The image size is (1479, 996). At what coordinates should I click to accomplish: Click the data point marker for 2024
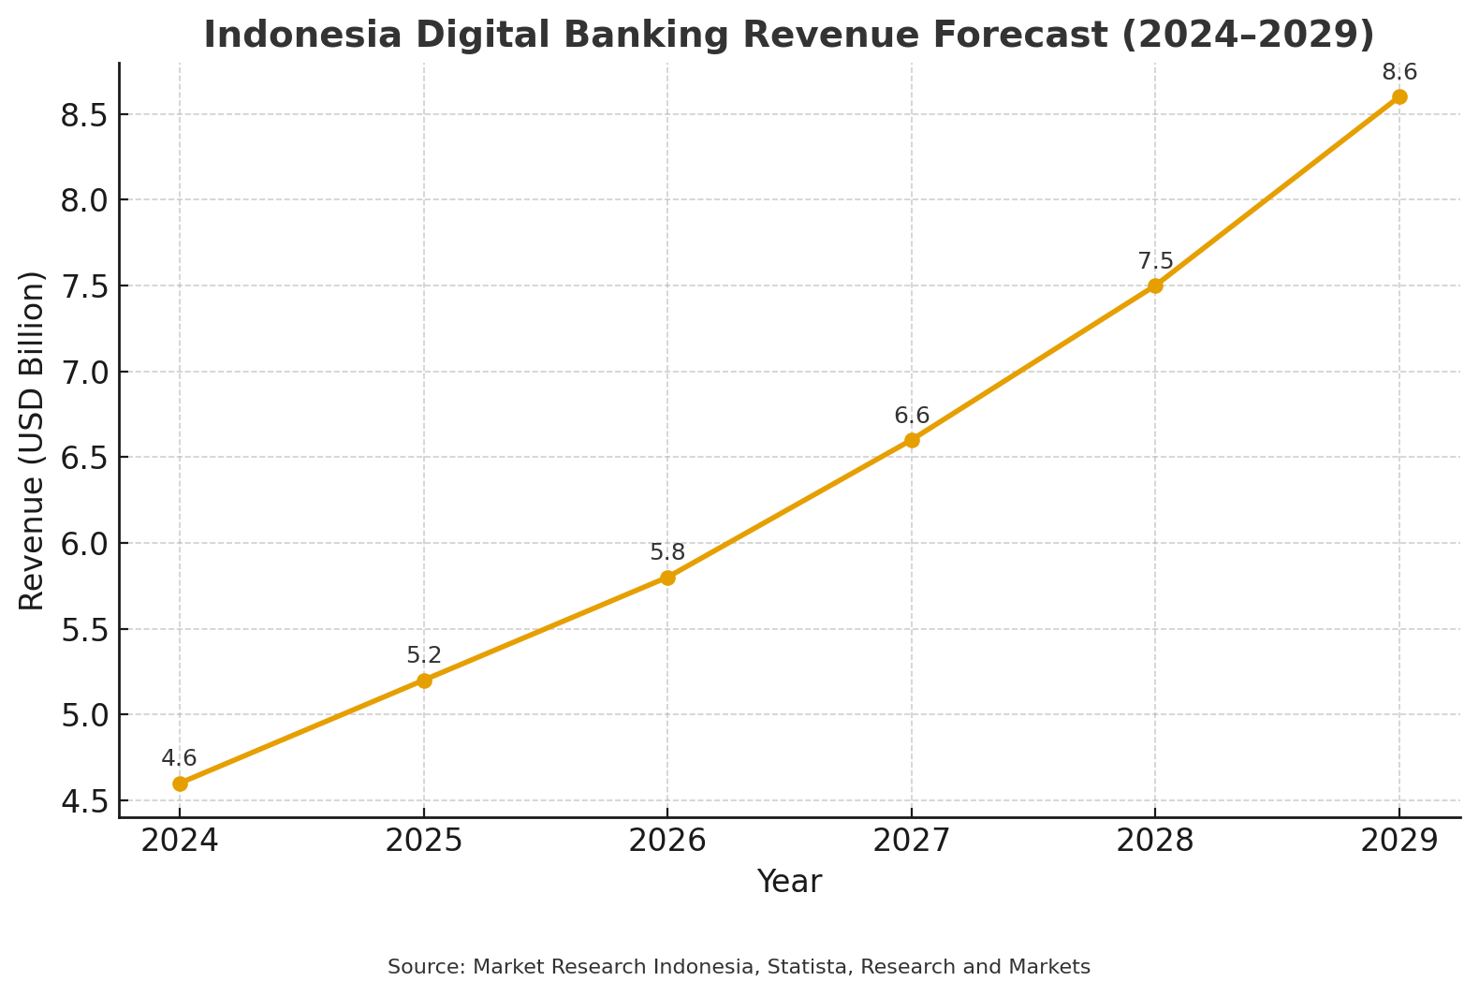click(180, 784)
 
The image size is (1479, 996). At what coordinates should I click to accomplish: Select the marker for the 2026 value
click(667, 578)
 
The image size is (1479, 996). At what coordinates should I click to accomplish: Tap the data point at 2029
click(1399, 97)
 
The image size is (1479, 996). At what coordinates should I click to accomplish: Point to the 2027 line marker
click(912, 441)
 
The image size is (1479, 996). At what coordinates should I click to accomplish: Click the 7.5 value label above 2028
click(1155, 261)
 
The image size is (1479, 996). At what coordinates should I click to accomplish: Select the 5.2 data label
click(424, 655)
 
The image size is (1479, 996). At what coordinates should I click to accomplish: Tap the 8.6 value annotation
click(1399, 72)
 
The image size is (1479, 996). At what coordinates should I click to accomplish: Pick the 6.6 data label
click(912, 417)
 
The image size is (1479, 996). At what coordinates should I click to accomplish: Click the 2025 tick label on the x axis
click(424, 842)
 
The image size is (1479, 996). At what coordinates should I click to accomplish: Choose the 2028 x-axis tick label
click(1155, 842)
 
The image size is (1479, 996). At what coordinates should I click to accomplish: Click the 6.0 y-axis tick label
click(84, 544)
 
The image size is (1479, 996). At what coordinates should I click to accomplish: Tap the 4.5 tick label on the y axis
click(84, 801)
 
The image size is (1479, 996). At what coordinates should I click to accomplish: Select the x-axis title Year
click(789, 882)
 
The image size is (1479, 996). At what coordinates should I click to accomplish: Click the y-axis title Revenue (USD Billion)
click(31, 441)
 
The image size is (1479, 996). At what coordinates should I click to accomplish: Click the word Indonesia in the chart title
click(302, 35)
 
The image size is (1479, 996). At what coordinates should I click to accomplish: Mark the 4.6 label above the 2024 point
click(179, 759)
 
